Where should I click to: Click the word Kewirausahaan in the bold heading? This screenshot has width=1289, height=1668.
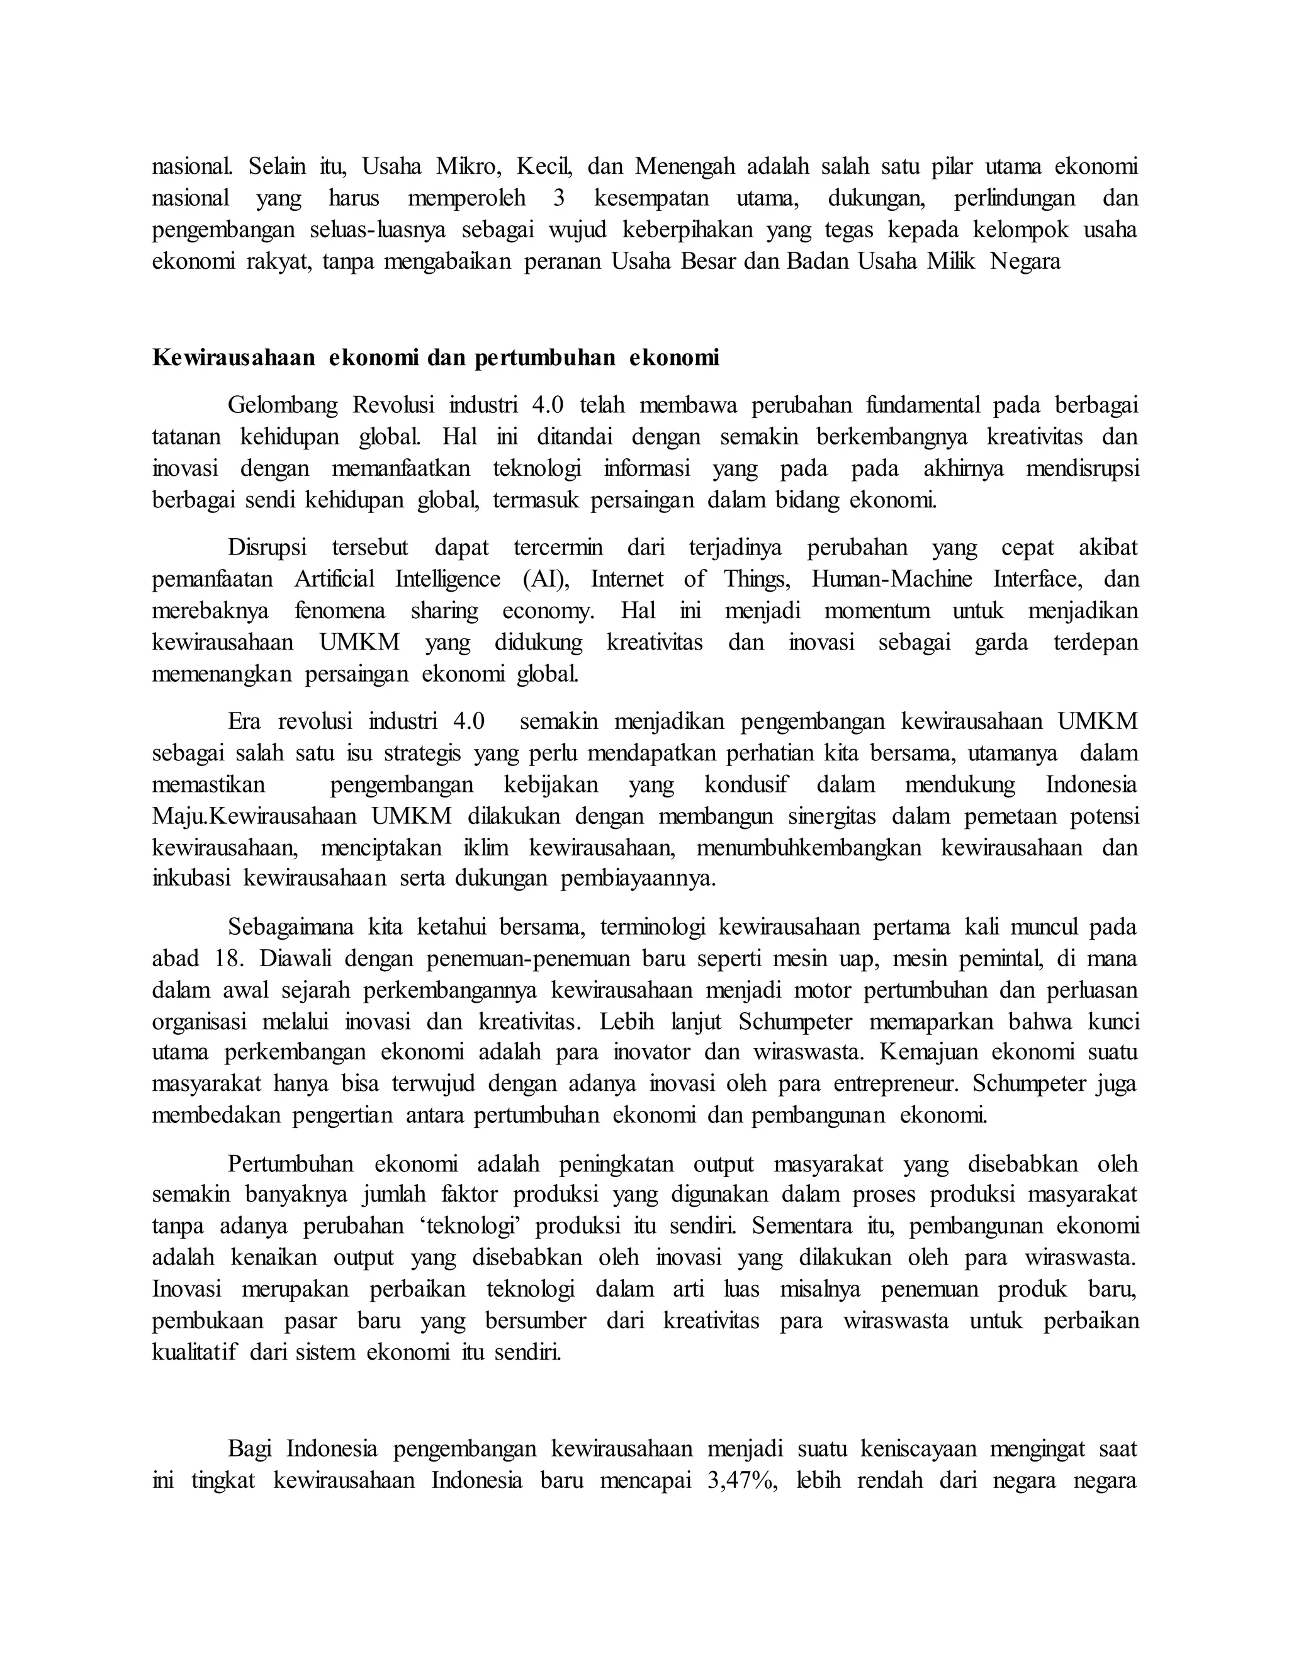(233, 358)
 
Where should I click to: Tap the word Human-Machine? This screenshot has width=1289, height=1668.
(891, 579)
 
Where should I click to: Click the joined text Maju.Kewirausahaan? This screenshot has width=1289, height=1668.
(254, 816)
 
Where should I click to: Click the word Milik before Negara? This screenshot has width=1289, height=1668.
(952, 261)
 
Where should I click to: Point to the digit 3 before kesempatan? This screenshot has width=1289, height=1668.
(559, 198)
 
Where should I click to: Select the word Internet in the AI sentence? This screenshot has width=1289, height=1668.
(627, 579)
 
